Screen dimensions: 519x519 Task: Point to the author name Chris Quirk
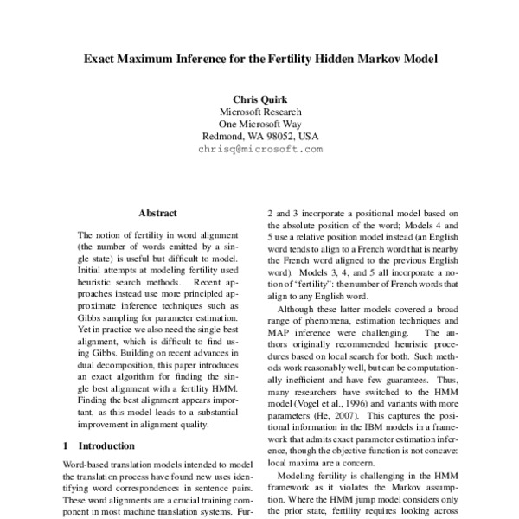click(259, 99)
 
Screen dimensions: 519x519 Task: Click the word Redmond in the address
click(222, 136)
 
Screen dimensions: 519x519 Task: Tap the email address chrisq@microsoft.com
click(259, 149)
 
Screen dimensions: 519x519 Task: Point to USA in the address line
click(308, 136)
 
